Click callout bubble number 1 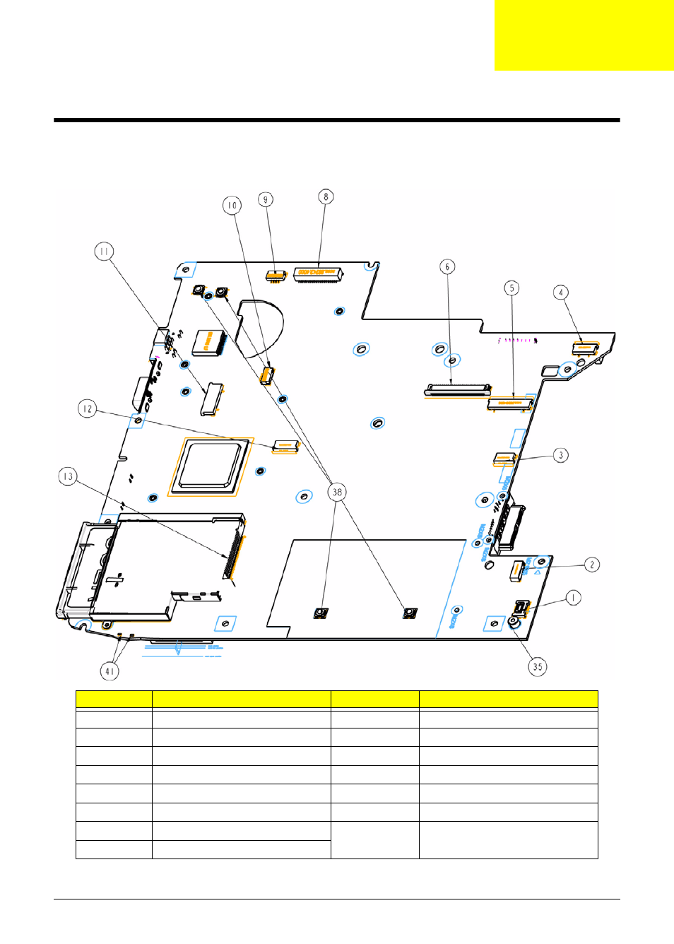pos(573,598)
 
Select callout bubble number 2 pos(592,565)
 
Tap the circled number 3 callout pos(561,455)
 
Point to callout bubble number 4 pos(561,293)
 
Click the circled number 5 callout pos(512,288)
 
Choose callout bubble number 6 pos(447,266)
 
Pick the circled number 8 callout pos(326,196)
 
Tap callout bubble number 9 pos(266,199)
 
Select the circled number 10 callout pos(232,206)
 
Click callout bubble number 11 pos(104,252)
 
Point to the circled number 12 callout pos(87,408)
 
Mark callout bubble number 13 pos(68,476)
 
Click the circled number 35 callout pos(538,666)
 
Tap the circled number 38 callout pos(337,492)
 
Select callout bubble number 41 pos(110,671)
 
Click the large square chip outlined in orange pos(211,466)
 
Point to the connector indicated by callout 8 pos(318,274)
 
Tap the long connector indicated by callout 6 pos(457,389)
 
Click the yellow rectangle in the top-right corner pos(584,35)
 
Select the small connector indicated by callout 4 pos(585,348)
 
